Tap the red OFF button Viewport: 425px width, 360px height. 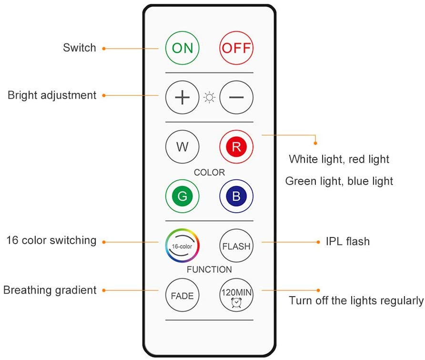tap(236, 48)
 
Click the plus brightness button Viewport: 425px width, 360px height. tap(182, 97)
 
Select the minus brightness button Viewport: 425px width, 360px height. tap(236, 97)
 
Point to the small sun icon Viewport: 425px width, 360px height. tap(209, 98)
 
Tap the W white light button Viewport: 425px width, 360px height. tap(182, 147)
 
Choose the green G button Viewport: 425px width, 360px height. tap(182, 196)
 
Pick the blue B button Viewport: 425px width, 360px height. tap(236, 196)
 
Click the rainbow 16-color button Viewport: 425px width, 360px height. tap(182, 246)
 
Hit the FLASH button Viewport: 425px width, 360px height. tap(236, 246)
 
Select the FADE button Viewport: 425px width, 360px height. tap(182, 295)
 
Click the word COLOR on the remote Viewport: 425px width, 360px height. tap(209, 172)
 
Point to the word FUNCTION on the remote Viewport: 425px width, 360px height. tap(209, 269)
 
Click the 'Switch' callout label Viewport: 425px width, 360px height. tap(80, 48)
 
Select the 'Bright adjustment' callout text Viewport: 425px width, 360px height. tap(52, 95)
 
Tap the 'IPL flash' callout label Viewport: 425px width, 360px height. tap(347, 241)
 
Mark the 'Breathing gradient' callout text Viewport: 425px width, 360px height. tap(50, 290)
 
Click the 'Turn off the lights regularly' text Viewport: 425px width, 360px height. tap(356, 301)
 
